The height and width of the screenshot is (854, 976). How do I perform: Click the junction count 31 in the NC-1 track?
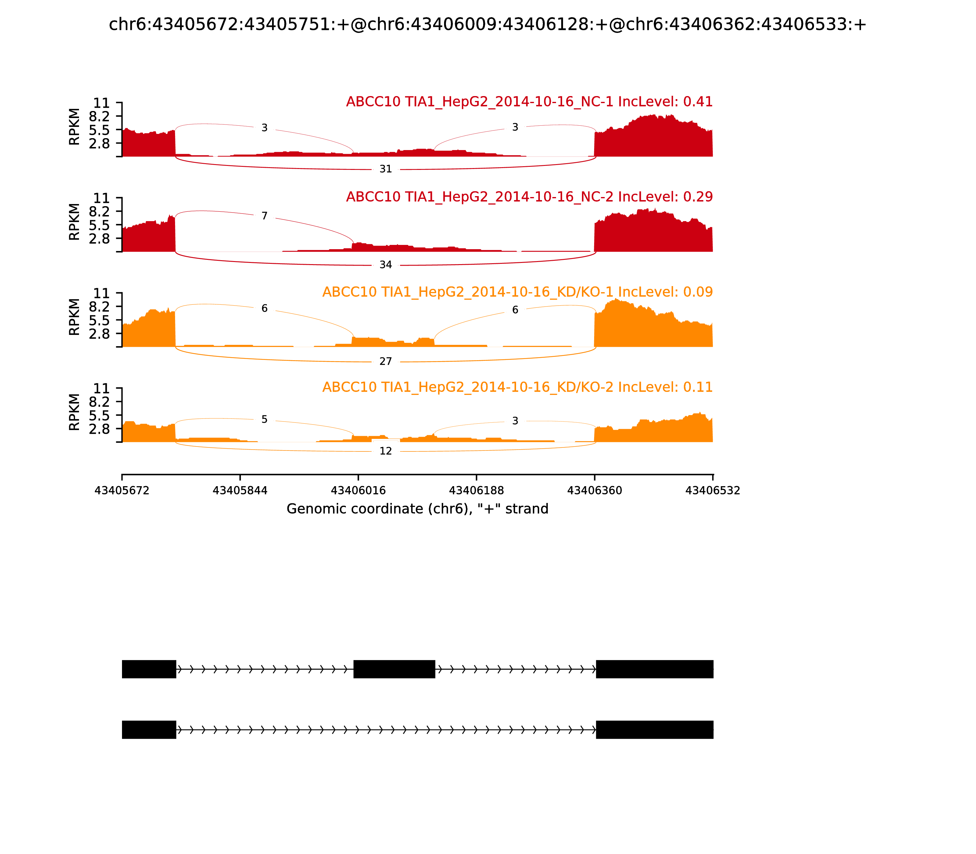[x=386, y=169]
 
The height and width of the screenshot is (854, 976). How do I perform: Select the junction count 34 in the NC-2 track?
[x=386, y=265]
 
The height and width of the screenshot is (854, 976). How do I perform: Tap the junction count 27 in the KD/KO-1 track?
[x=386, y=362]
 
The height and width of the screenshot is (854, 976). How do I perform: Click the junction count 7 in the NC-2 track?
[x=264, y=216]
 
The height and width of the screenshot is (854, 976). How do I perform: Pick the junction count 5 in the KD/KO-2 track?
[x=264, y=419]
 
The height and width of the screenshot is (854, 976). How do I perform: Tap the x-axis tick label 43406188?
[x=476, y=490]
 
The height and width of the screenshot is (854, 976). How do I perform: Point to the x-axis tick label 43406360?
[x=594, y=490]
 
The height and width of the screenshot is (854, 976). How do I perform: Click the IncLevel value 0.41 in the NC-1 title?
[x=698, y=102]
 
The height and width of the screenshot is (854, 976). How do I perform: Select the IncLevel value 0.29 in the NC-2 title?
[x=698, y=197]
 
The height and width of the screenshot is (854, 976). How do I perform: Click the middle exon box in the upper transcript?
[x=394, y=669]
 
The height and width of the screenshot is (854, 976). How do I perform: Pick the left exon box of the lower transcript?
[x=149, y=730]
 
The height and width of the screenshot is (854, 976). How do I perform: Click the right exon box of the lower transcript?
[x=654, y=730]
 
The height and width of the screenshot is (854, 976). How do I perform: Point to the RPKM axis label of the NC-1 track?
[x=74, y=127]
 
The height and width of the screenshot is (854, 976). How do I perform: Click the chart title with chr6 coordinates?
[x=487, y=24]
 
